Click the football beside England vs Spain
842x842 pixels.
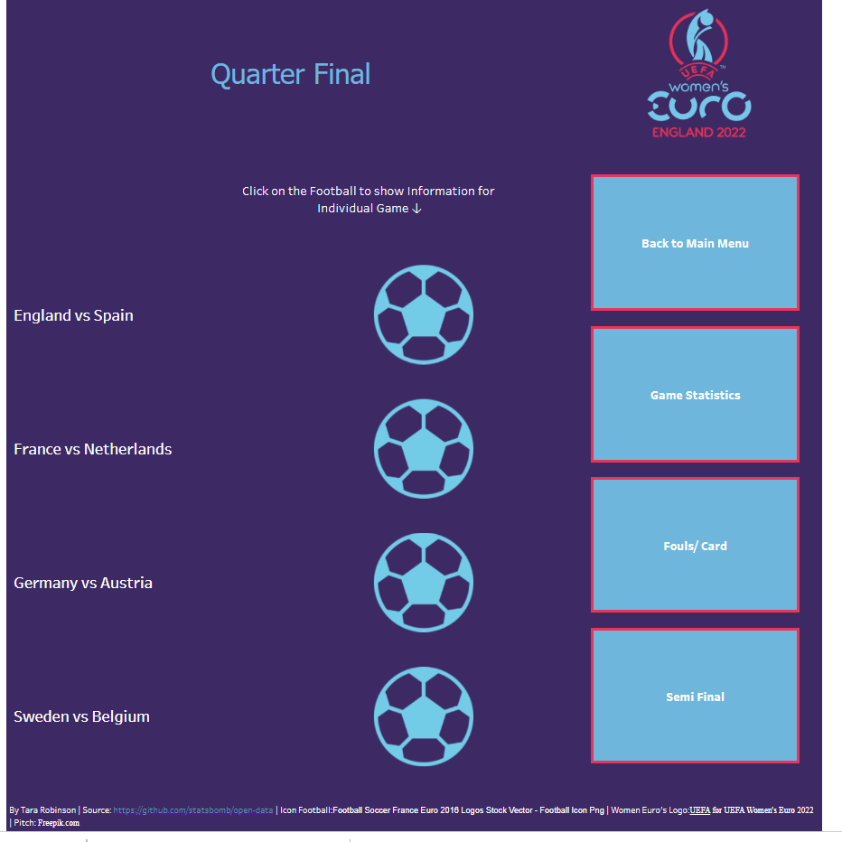[x=423, y=314]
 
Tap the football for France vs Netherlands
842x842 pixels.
[x=423, y=448]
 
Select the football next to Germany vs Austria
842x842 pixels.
[x=423, y=583]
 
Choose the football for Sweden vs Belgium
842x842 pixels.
[x=423, y=716]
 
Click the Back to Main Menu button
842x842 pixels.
[x=695, y=243]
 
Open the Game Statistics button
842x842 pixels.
[x=695, y=394]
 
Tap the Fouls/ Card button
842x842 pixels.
[x=695, y=545]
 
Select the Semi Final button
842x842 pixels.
[x=695, y=696]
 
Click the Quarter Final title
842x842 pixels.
[x=291, y=74]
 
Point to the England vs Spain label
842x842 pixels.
[x=73, y=315]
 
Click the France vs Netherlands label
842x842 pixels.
[x=93, y=449]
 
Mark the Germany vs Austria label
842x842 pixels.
[x=83, y=583]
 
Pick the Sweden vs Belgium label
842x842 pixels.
[x=81, y=716]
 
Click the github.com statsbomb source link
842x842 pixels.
[x=192, y=810]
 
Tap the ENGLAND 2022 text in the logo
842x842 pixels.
[x=698, y=132]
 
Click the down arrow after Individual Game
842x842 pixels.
[x=416, y=209]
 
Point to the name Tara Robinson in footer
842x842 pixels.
[x=48, y=810]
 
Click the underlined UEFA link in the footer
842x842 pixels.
[x=699, y=810]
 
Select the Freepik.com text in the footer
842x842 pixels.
[x=59, y=823]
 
